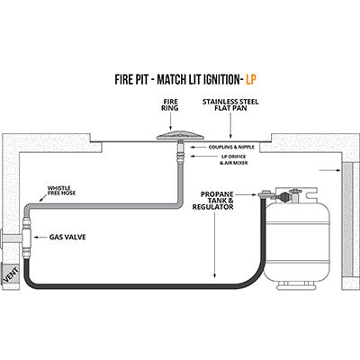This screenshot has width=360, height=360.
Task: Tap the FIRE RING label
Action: coord(169,105)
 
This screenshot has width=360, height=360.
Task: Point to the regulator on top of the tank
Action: coord(286,193)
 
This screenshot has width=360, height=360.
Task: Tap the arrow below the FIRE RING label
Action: coord(169,122)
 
